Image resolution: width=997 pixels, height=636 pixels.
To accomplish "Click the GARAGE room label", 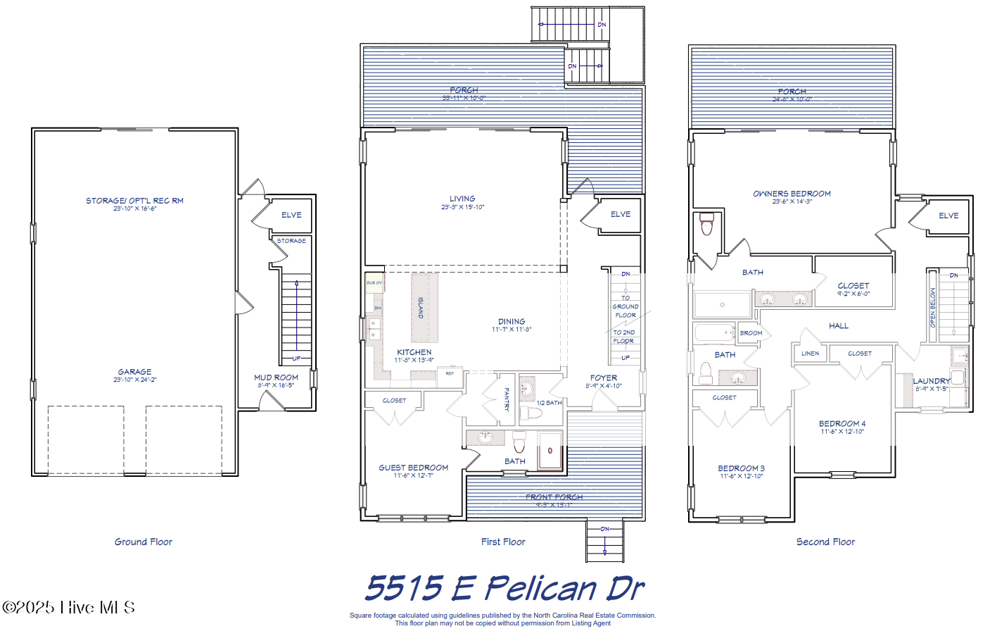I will (134, 372).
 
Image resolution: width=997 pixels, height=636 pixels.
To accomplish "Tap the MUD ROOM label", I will (276, 378).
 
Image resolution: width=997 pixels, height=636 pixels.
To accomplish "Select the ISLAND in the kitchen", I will (424, 308).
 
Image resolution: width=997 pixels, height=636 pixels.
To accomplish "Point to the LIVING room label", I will (462, 199).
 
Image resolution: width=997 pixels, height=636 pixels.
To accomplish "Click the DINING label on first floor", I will (512, 321).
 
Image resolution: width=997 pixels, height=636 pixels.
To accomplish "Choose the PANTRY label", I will (507, 399).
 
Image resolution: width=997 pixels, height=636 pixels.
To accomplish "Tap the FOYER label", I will (604, 378).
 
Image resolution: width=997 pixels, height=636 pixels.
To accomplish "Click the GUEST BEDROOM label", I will (413, 468).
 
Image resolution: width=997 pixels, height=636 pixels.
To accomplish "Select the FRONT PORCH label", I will (554, 497).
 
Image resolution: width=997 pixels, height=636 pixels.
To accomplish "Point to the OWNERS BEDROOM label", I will (792, 194).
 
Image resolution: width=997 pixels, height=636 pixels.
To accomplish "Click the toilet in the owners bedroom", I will (707, 223).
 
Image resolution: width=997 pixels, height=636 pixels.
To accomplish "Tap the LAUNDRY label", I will (932, 381).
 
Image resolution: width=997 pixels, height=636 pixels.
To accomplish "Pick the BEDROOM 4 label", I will (842, 424).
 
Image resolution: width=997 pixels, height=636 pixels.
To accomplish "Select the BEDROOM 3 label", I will (741, 468).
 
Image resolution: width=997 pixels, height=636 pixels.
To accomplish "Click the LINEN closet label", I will (810, 354).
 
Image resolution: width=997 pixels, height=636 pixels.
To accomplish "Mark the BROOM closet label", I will (751, 333).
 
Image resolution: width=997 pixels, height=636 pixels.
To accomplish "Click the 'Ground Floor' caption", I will (144, 542).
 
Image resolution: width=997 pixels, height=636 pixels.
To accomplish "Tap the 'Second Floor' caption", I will (825, 542).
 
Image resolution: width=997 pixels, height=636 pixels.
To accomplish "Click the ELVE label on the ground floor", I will (291, 215).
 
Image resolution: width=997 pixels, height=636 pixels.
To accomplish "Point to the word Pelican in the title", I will (541, 588).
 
